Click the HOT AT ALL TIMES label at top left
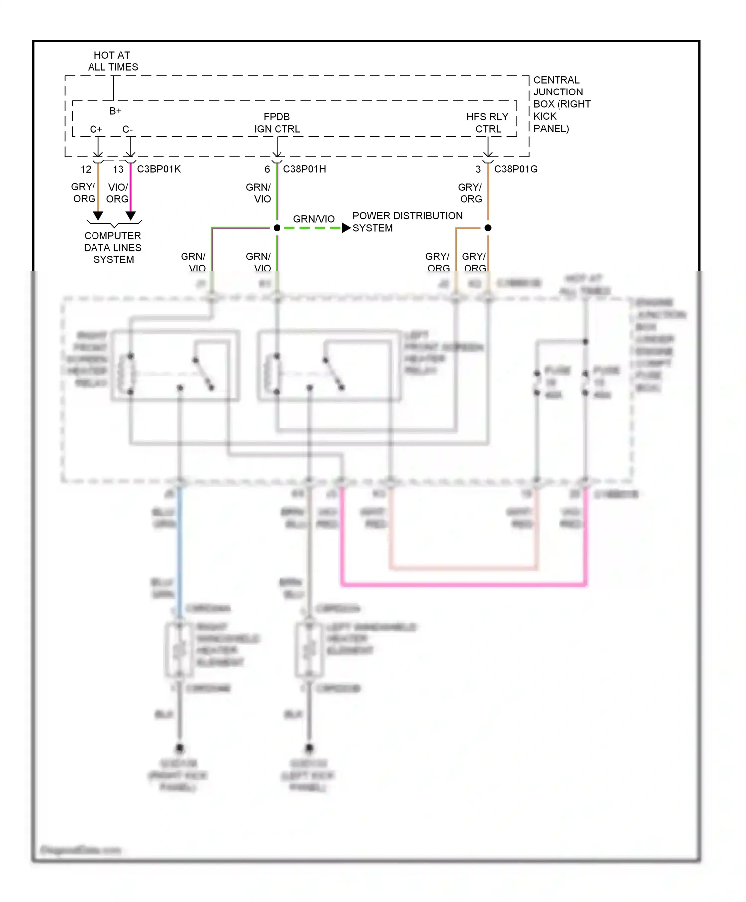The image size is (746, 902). [x=113, y=61]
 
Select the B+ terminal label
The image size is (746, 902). [x=115, y=111]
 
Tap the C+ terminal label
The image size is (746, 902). [x=96, y=129]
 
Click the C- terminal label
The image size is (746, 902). [x=128, y=129]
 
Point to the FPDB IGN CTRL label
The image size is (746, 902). [x=277, y=123]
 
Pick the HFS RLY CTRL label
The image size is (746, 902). [x=487, y=123]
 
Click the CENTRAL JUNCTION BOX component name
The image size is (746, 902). [x=561, y=104]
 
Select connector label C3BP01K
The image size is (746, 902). [x=159, y=169]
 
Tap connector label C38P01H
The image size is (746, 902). [x=304, y=169]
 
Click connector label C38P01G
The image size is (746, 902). [x=516, y=169]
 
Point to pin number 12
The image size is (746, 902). [x=86, y=169]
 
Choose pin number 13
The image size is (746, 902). [x=118, y=169]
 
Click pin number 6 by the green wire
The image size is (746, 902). [x=267, y=169]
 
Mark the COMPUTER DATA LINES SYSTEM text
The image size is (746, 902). [x=113, y=247]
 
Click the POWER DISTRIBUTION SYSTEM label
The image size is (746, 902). [x=407, y=222]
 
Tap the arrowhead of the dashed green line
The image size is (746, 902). [x=346, y=228]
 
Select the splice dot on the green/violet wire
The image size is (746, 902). [x=277, y=228]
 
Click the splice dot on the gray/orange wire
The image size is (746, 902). [x=488, y=228]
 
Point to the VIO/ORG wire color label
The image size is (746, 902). [x=118, y=193]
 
